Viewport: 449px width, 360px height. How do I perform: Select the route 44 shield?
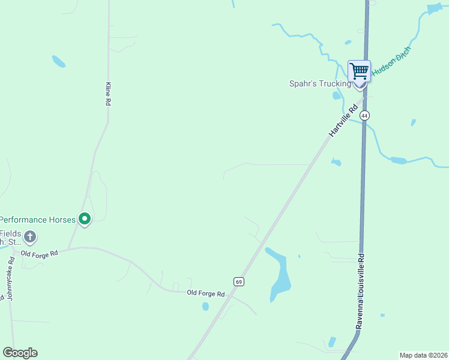(x=364, y=115)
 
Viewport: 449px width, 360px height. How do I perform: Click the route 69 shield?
(x=238, y=281)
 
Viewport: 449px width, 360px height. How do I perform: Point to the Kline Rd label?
(x=109, y=94)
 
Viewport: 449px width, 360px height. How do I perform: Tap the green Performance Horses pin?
(x=85, y=220)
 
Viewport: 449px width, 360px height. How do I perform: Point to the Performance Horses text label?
(x=38, y=220)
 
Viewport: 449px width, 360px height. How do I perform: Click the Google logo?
(x=20, y=353)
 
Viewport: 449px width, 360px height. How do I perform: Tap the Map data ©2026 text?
(x=423, y=355)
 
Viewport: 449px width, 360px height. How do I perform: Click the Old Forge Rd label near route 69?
(x=205, y=293)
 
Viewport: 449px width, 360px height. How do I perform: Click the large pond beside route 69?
(x=279, y=273)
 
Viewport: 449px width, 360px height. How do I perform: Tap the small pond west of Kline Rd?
(x=58, y=61)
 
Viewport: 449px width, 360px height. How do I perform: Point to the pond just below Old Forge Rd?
(x=205, y=306)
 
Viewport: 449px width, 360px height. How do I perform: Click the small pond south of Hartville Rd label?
(x=336, y=162)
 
